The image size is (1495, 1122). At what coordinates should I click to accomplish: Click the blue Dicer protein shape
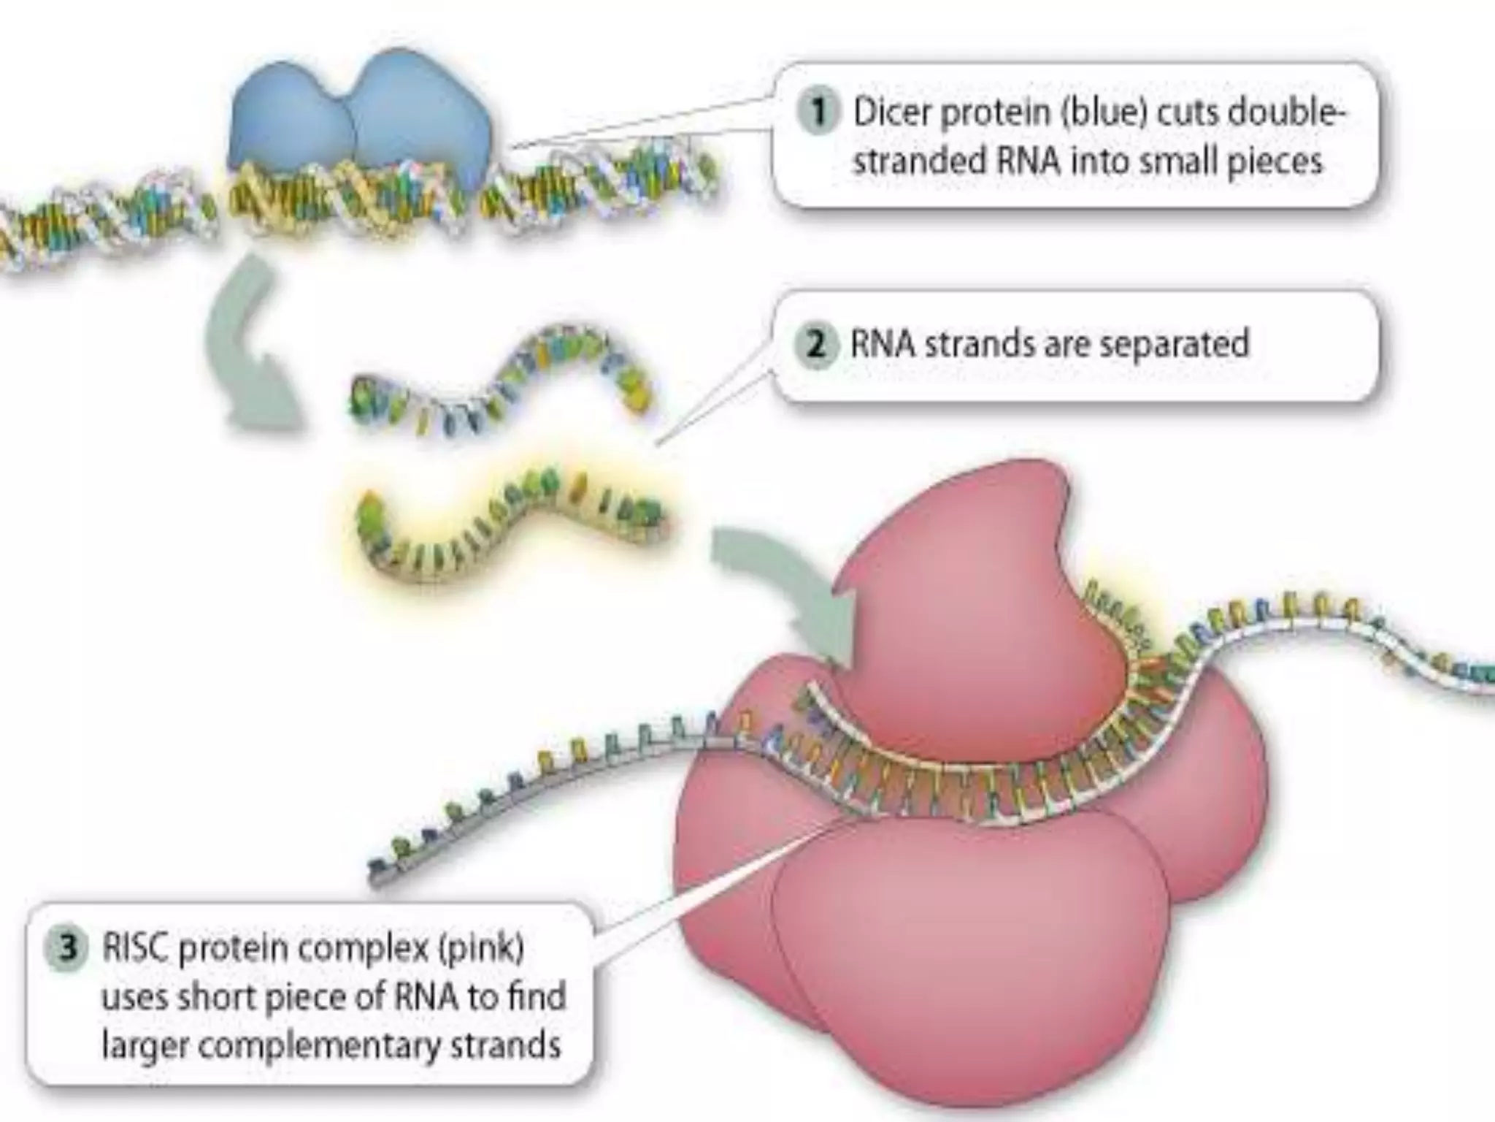pyautogui.click(x=358, y=117)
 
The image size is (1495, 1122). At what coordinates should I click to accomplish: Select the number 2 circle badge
pyautogui.click(x=815, y=344)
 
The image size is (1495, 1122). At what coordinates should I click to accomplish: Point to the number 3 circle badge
pyautogui.click(x=68, y=949)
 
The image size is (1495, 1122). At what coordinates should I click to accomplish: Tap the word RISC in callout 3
pyautogui.click(x=136, y=949)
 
